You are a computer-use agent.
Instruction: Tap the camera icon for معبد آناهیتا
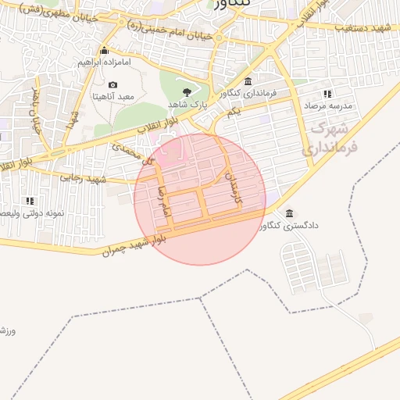click(x=113, y=85)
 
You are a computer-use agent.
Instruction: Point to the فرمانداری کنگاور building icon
click(x=248, y=82)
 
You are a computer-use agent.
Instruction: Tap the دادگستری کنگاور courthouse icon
click(x=290, y=213)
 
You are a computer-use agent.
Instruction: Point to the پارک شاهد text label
click(x=185, y=104)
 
